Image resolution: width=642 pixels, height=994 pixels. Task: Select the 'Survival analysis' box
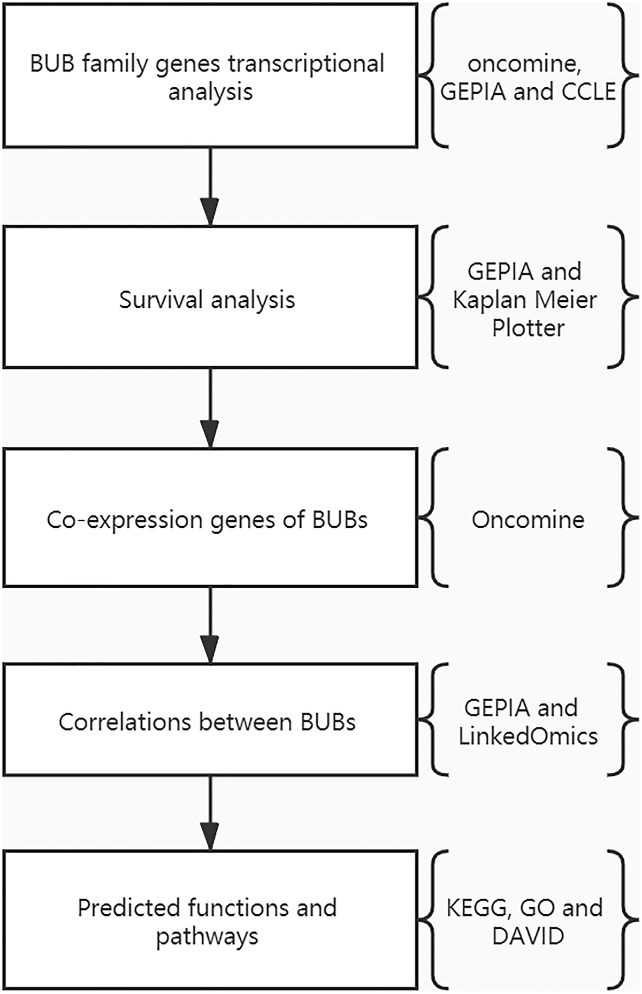pos(210,297)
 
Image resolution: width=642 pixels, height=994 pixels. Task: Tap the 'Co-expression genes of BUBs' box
pos(210,517)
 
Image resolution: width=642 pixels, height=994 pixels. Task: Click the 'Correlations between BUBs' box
pos(210,719)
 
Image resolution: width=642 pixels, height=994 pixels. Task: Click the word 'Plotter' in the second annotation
pos(528,328)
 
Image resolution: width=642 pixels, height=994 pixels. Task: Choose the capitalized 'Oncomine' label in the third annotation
pos(528,520)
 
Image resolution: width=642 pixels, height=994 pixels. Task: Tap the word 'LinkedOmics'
pos(528,737)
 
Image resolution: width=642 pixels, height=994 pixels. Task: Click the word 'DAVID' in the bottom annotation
pos(528,936)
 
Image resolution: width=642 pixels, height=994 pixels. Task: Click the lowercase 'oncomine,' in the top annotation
pos(524,64)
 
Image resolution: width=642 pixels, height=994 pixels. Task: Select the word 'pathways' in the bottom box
pos(207,937)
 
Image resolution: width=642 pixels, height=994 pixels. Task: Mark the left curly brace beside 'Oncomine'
pos(431,517)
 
